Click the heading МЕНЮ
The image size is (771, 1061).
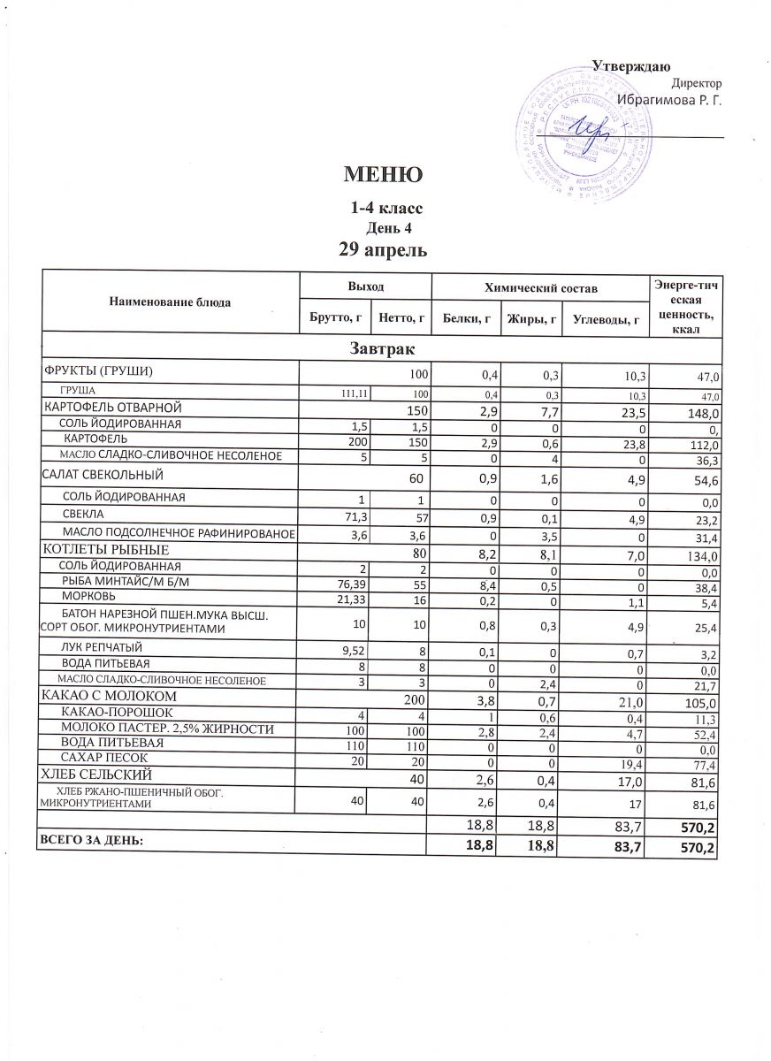pyautogui.click(x=383, y=175)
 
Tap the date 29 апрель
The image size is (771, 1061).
pyautogui.click(x=384, y=250)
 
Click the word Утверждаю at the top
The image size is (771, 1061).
pyautogui.click(x=630, y=67)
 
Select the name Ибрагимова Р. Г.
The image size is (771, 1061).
pyautogui.click(x=668, y=100)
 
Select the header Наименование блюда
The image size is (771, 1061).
pyautogui.click(x=170, y=302)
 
